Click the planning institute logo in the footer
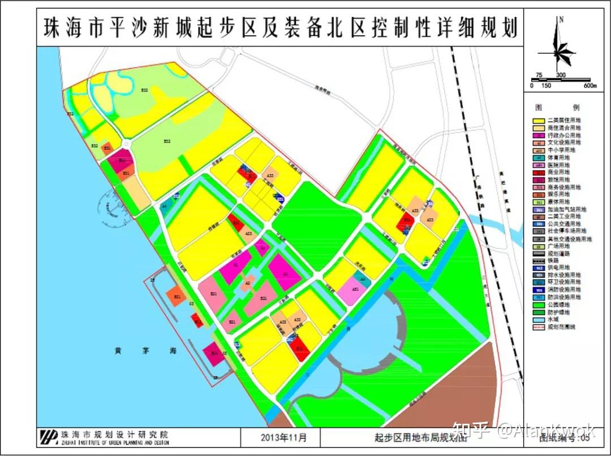(49, 437)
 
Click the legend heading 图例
(560, 107)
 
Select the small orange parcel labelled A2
(247, 284)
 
